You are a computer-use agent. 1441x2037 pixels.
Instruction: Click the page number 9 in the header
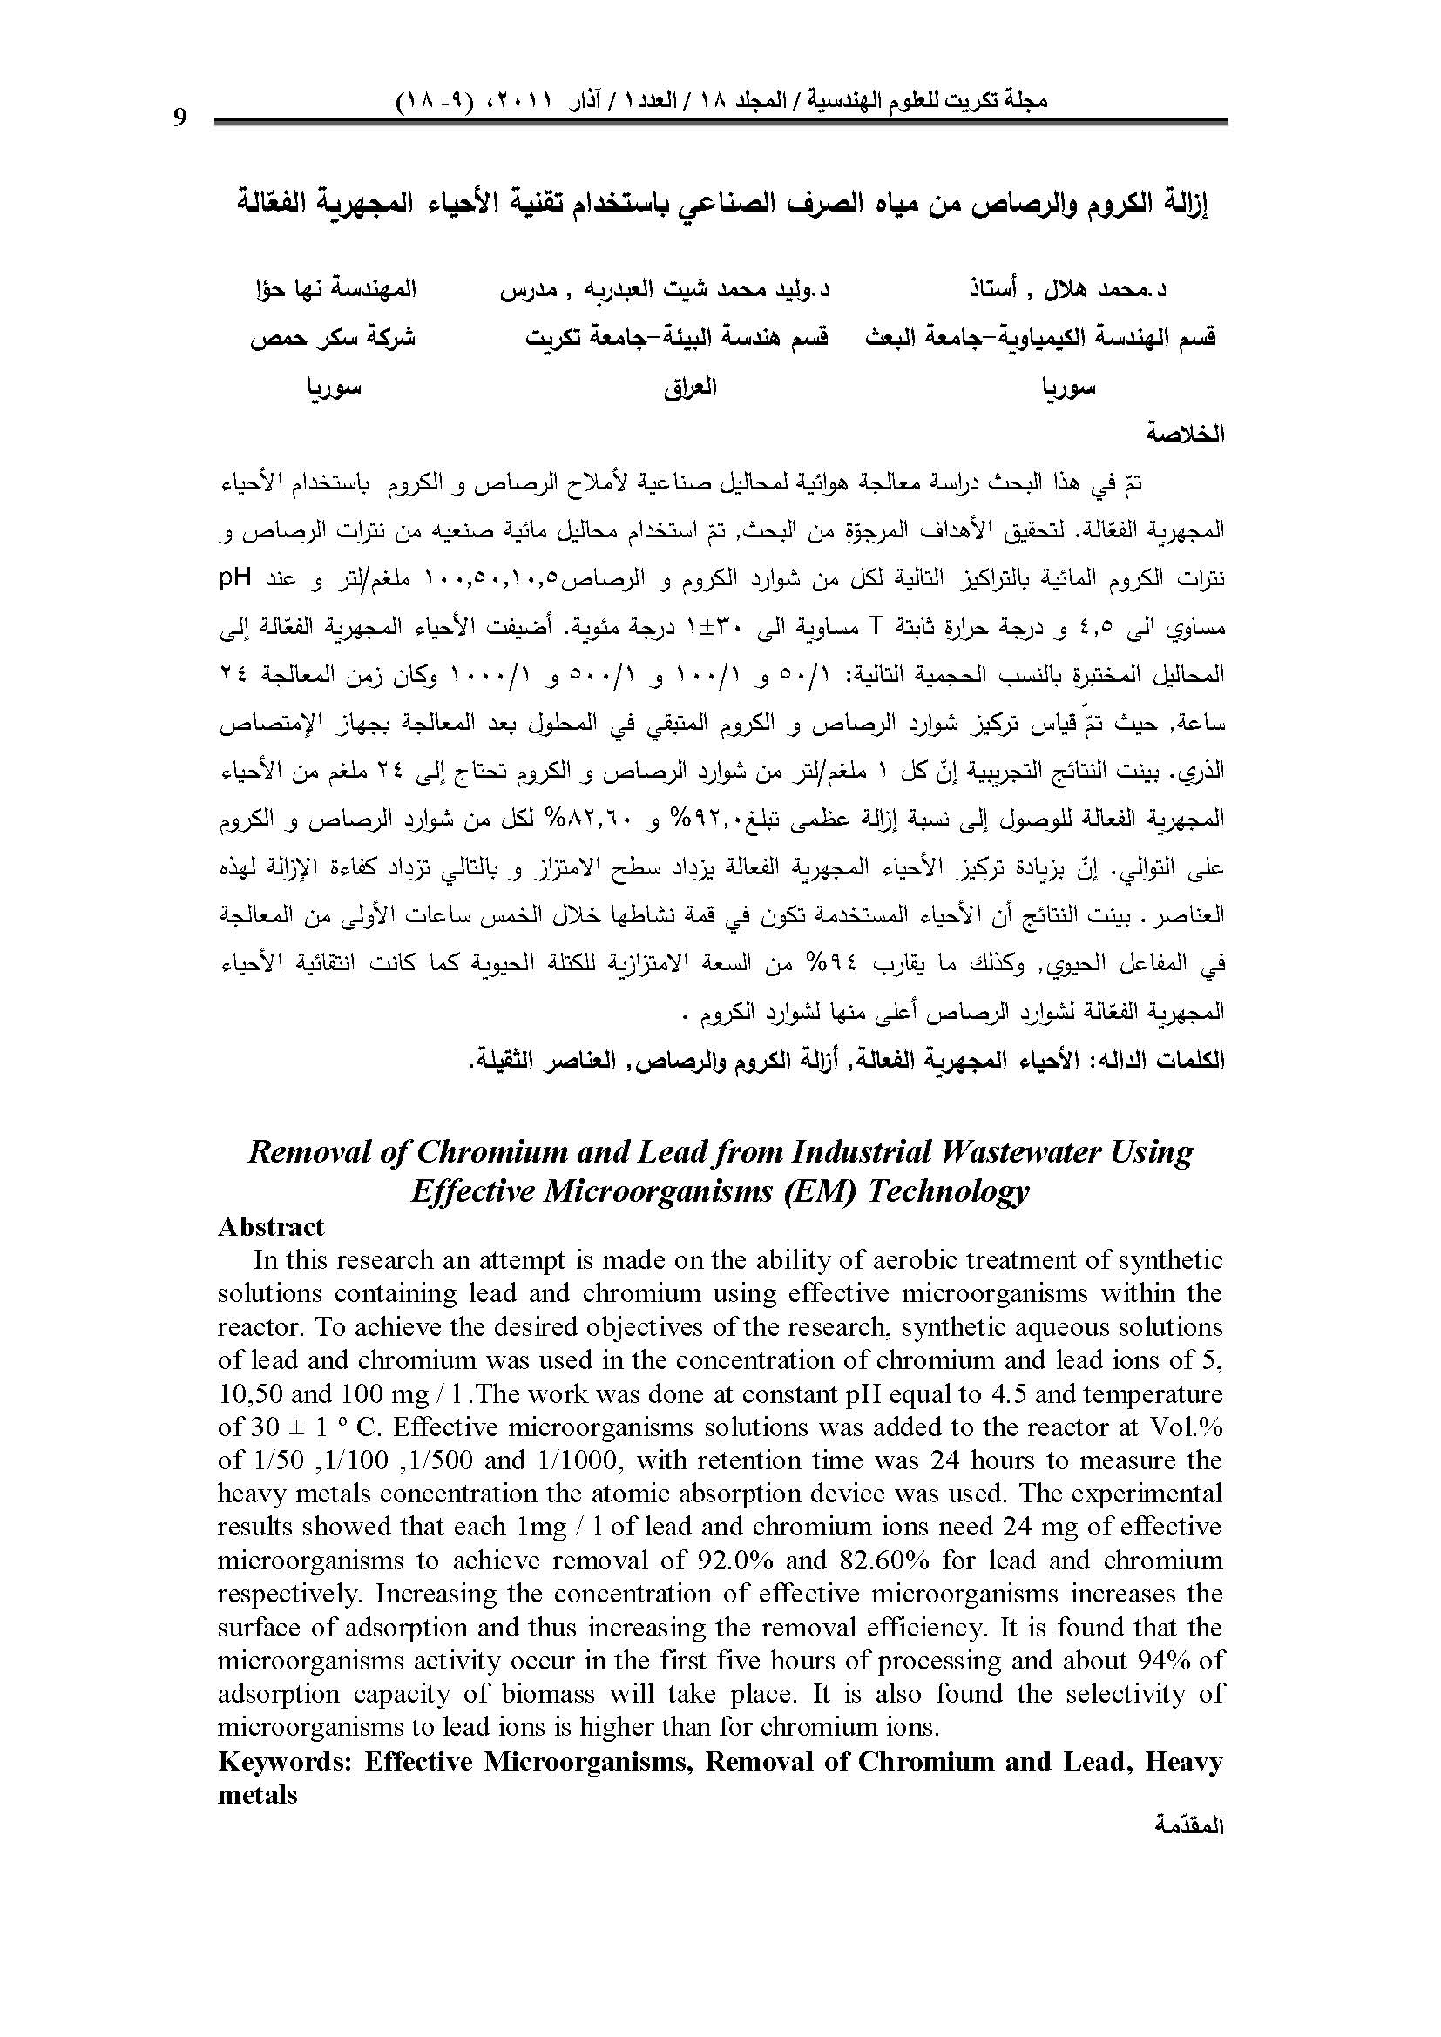180,118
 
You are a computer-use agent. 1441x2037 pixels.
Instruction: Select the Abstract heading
271,1226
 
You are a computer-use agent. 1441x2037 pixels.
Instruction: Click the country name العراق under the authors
690,388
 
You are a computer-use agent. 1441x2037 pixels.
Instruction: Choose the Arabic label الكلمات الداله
1153,1060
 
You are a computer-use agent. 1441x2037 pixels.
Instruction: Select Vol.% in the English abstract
1188,1427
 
